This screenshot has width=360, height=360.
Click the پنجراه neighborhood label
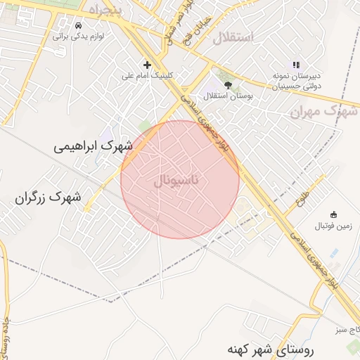pyautogui.click(x=105, y=8)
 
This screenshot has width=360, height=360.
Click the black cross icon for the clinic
pyautogui.click(x=147, y=64)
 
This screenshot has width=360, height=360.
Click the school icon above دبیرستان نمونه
pyautogui.click(x=296, y=64)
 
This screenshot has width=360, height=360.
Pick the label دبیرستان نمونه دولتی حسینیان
pyautogui.click(x=297, y=79)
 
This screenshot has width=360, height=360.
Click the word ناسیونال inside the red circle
pyautogui.click(x=176, y=181)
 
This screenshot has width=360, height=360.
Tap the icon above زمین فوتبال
pyautogui.click(x=333, y=214)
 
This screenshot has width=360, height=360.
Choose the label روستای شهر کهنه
pyautogui.click(x=271, y=349)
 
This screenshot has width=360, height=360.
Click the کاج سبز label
pyautogui.click(x=346, y=328)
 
